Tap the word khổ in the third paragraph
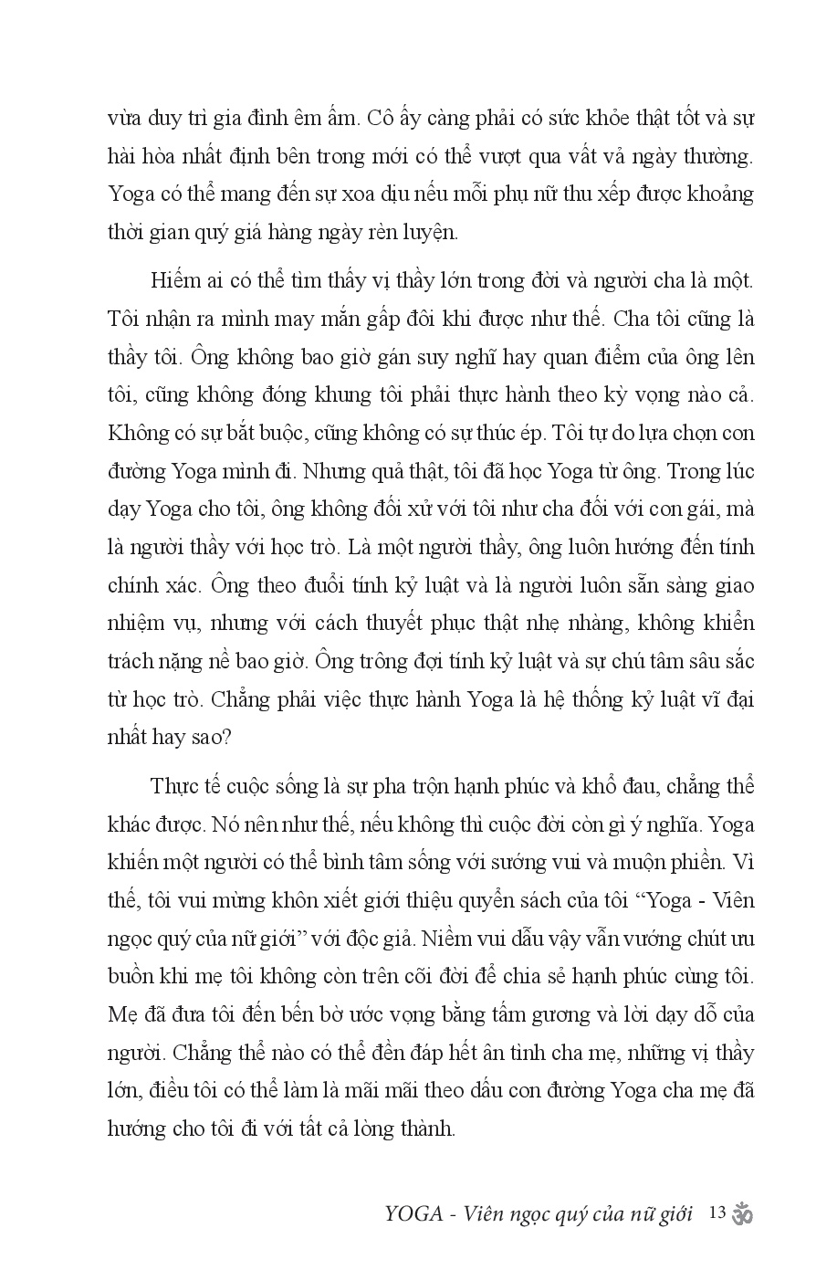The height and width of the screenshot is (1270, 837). click(621, 786)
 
